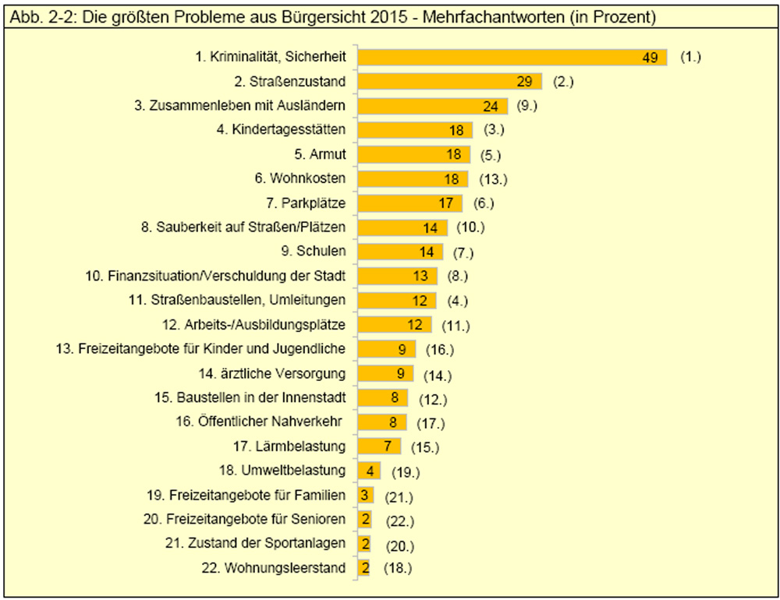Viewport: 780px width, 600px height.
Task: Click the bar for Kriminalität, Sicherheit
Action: click(512, 58)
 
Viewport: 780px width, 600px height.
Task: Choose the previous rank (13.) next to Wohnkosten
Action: click(491, 179)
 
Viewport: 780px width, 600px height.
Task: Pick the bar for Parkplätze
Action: click(413, 203)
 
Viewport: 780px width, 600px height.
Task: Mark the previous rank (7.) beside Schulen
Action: click(463, 252)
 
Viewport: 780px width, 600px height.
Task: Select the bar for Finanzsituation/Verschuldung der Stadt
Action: click(399, 276)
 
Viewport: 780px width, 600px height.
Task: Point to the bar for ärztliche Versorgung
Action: click(385, 373)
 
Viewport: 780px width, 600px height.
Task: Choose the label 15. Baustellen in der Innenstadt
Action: click(250, 397)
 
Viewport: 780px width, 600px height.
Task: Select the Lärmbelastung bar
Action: click(378, 446)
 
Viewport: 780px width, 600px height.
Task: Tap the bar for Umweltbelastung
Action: click(369, 471)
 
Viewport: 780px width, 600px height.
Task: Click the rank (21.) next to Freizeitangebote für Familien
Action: click(396, 496)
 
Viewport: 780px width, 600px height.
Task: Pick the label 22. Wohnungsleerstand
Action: click(273, 568)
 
